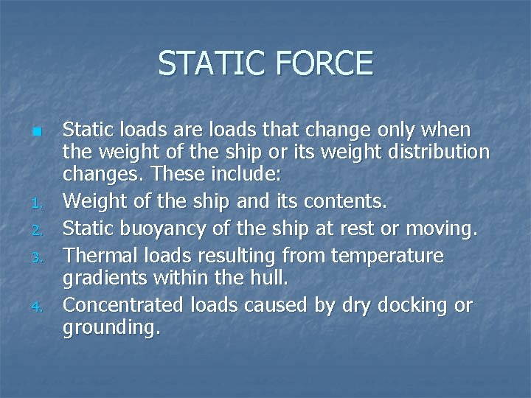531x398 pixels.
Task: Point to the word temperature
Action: pos(387,256)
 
